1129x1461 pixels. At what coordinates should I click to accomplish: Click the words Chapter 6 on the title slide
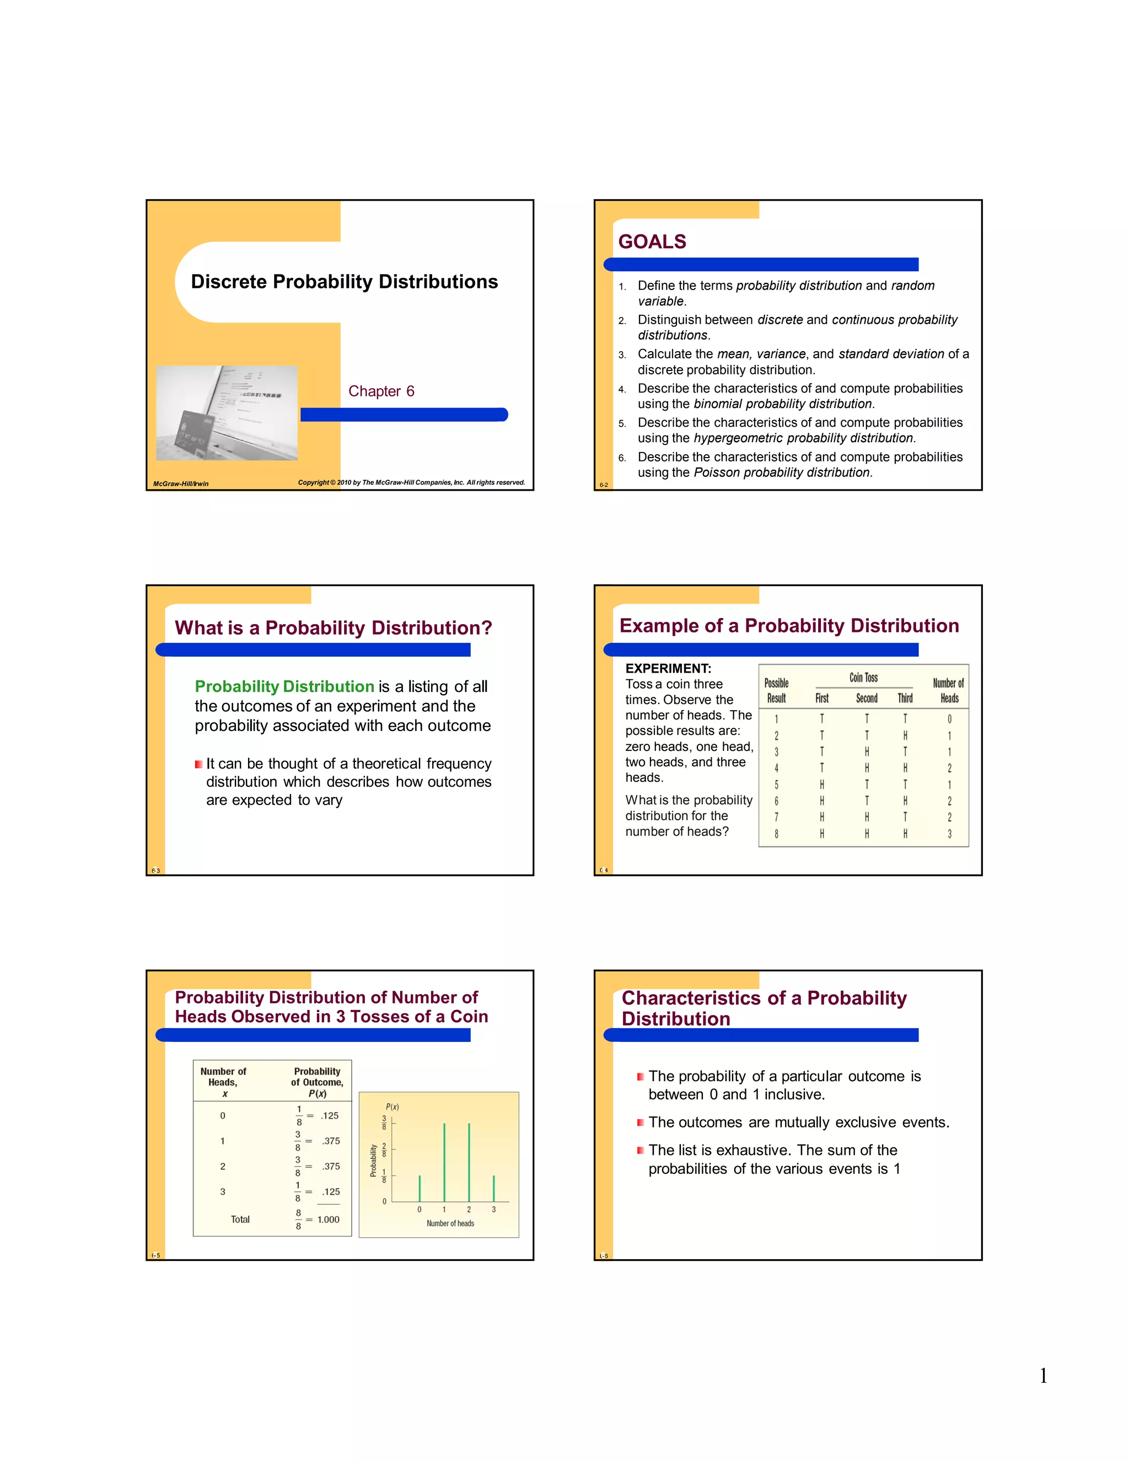tap(381, 391)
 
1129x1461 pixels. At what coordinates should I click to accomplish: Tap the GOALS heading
tap(652, 241)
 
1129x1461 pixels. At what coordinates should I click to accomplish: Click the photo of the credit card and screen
tap(227, 413)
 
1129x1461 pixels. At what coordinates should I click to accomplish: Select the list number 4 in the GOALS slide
tap(622, 389)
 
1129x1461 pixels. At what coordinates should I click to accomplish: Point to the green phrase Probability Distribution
tap(284, 686)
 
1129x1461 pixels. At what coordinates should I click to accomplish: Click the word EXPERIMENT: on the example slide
tap(668, 668)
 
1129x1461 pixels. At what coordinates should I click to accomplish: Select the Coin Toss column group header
tap(863, 678)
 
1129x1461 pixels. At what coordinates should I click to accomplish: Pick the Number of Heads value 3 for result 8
tap(949, 834)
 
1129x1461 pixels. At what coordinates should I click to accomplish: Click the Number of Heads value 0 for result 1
tap(949, 719)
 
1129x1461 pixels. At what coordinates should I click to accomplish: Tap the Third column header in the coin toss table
tap(905, 699)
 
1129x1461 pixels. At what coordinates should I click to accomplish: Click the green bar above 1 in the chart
tap(444, 1163)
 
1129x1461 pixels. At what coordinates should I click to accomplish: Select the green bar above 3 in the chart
tap(493, 1189)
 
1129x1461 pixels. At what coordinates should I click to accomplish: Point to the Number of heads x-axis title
tap(450, 1223)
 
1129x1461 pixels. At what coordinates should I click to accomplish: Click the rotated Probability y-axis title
tap(373, 1161)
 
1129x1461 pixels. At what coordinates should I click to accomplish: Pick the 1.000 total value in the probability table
tap(329, 1220)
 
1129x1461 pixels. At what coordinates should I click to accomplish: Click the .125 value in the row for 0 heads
tap(330, 1116)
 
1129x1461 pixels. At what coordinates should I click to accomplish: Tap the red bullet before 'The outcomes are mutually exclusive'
tap(641, 1122)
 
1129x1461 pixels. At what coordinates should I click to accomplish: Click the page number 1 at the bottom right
tap(1042, 1376)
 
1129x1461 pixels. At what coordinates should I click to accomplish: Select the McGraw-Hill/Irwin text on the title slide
tap(181, 484)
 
